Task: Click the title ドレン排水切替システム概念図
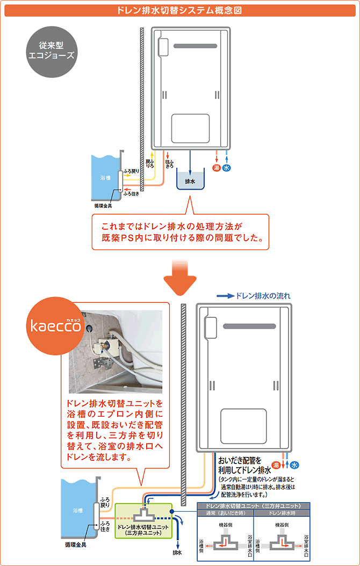tap(180, 10)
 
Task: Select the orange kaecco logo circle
tap(56, 326)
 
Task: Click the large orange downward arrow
tap(180, 275)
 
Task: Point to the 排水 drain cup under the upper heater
tap(190, 180)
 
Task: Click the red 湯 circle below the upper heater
tap(216, 168)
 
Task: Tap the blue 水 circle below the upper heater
tap(227, 168)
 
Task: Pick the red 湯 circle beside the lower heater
tap(276, 465)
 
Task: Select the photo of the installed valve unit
tap(116, 352)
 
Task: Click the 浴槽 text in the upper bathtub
tap(105, 177)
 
